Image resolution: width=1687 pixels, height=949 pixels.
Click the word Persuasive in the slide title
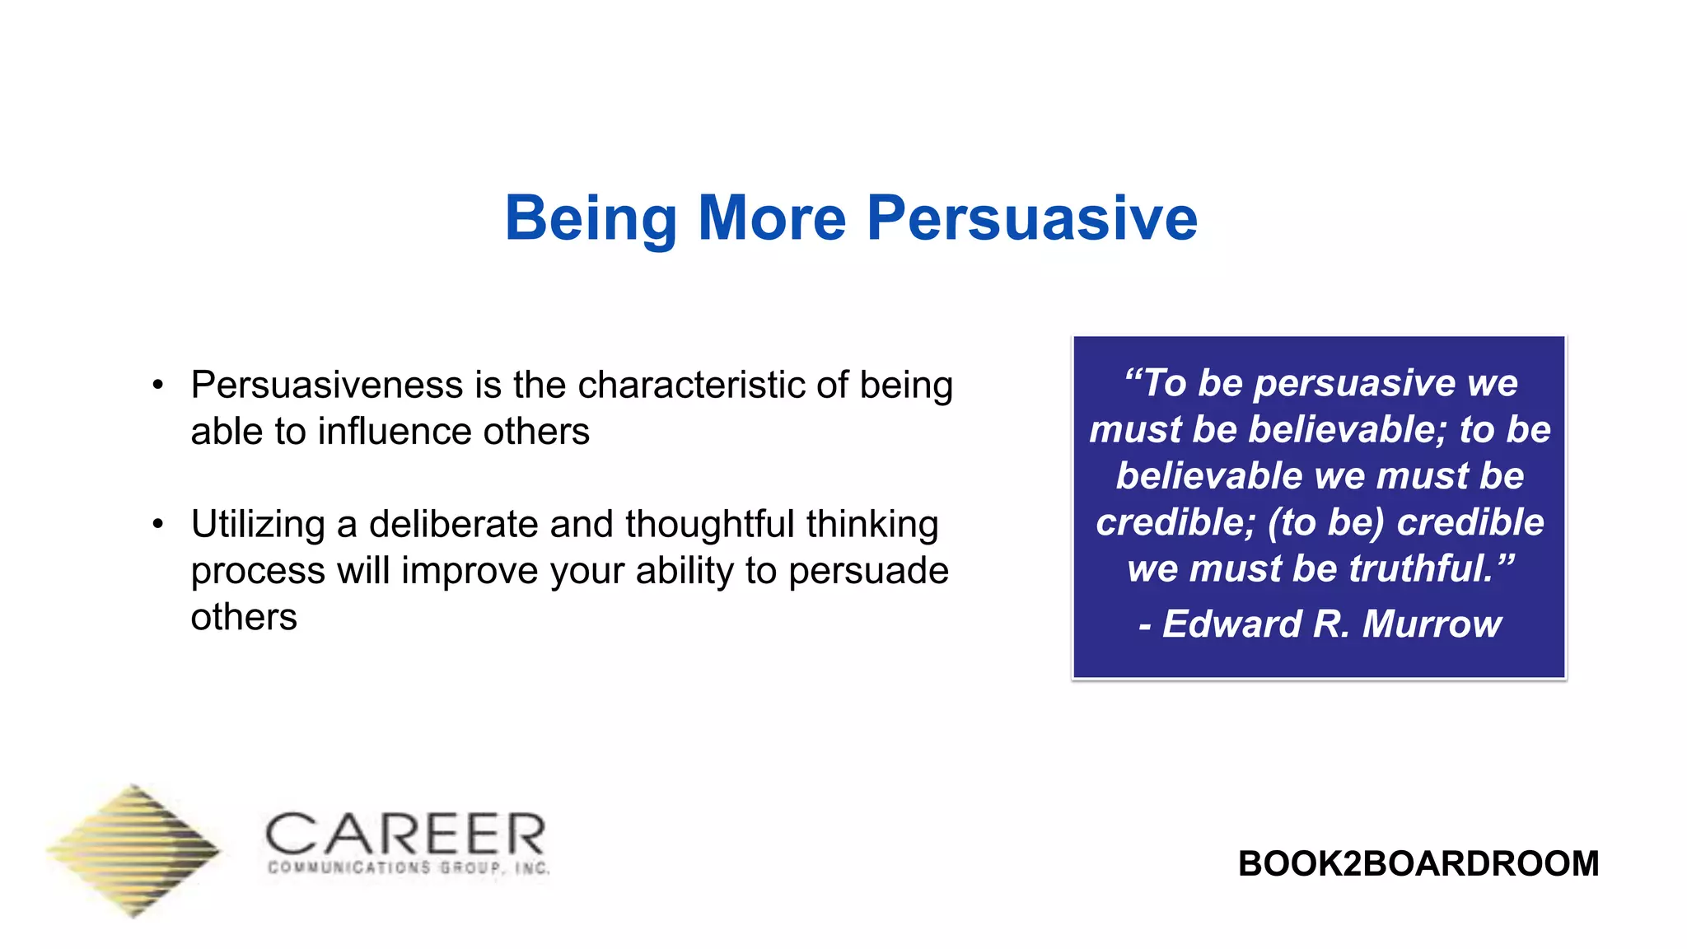click(1031, 218)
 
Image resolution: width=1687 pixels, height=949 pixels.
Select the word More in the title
click(772, 218)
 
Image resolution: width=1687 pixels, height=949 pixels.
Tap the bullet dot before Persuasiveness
click(158, 385)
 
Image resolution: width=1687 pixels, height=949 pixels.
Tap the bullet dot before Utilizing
click(158, 524)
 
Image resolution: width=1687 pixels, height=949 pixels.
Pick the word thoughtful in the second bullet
click(709, 524)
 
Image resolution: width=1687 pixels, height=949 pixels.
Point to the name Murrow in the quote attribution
click(1432, 624)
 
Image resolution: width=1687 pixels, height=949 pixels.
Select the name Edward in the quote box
click(1231, 624)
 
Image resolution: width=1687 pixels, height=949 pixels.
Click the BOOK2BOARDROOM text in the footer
click(1418, 863)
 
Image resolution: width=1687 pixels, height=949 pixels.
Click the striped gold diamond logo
click(134, 850)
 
